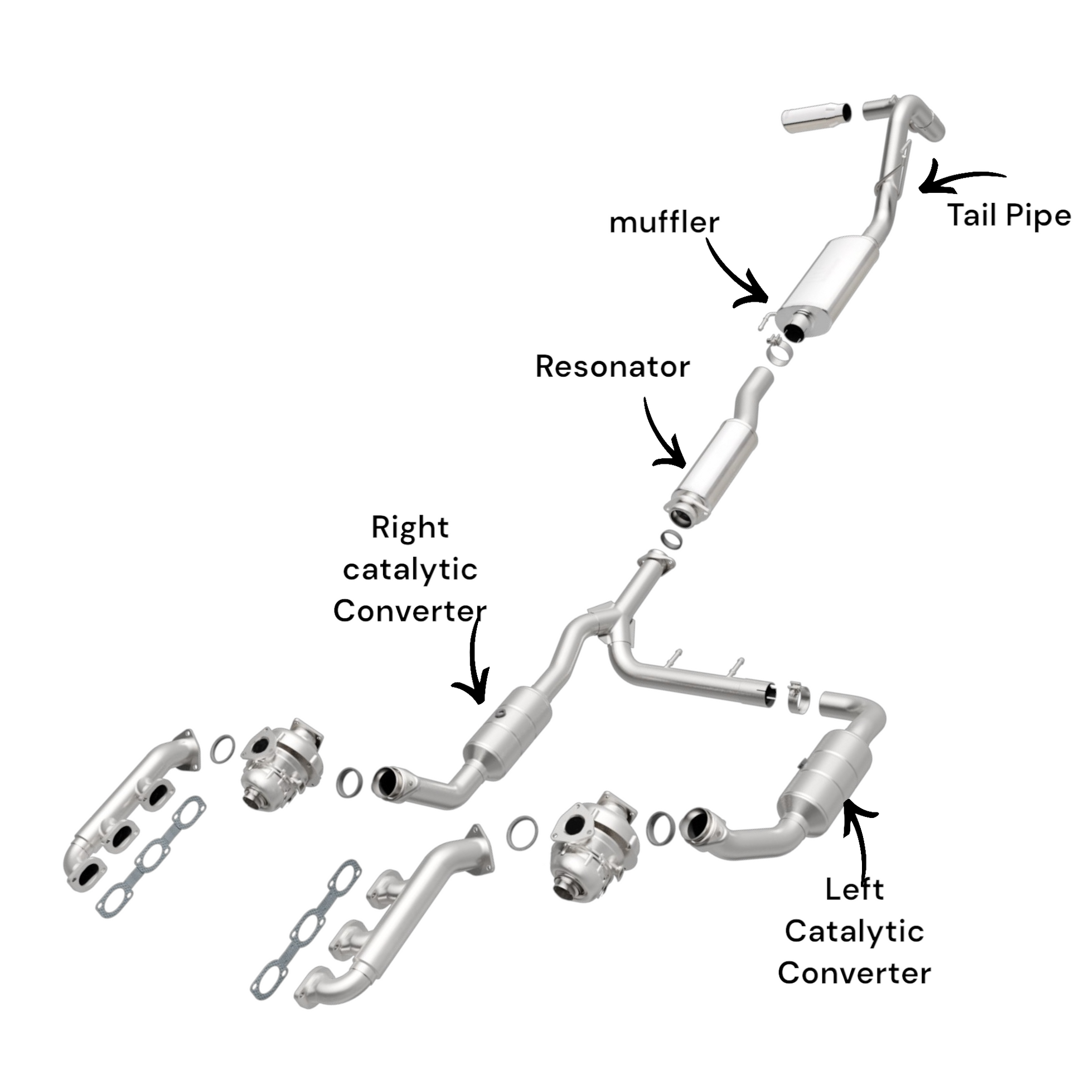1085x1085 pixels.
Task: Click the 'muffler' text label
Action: point(664,223)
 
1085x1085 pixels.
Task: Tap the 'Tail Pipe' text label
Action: point(1009,216)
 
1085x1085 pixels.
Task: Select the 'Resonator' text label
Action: point(612,367)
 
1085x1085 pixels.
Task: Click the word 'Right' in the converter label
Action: point(410,528)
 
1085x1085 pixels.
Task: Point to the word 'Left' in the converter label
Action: point(854,889)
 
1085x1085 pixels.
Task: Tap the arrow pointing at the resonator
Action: point(663,438)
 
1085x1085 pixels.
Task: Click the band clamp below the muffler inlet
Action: point(779,351)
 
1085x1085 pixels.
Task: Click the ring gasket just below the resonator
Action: point(671,540)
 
